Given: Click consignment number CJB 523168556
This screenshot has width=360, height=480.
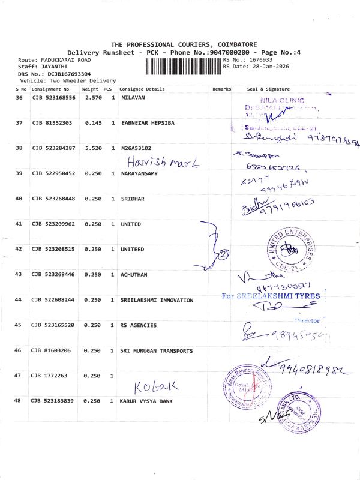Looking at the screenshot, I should pos(53,97).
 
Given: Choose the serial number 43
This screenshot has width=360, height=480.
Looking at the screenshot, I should pos(19,274).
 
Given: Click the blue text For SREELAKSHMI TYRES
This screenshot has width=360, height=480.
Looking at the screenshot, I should pos(271,296).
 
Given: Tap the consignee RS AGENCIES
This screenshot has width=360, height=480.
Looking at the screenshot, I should pos(139,325).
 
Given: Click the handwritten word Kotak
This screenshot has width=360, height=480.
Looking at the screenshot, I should pos(155,386).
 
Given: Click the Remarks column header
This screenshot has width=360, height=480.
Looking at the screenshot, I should pos(221,89).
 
